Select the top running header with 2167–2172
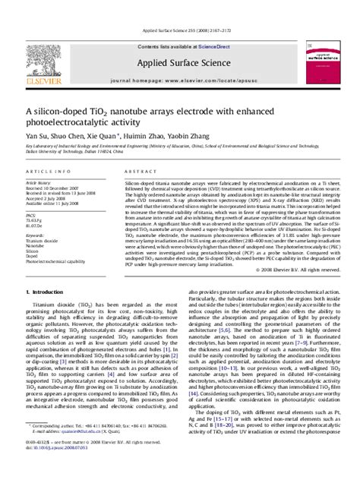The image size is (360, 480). [x=180, y=9]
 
